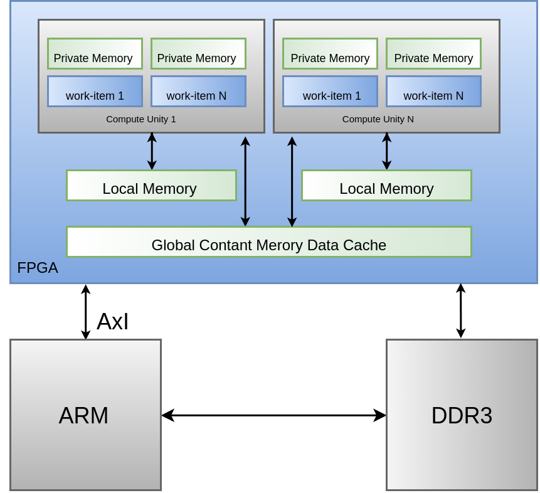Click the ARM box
coord(86,415)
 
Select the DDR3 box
coord(462,415)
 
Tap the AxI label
coord(113,321)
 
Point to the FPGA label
coord(38,268)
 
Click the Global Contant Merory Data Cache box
coord(269,242)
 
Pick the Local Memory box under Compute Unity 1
coord(152,186)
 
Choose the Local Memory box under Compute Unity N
coord(386,186)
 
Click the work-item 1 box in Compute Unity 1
coord(95,92)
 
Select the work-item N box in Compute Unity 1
coord(198,92)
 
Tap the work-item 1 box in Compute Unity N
coord(331,92)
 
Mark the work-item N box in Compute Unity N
coord(433,92)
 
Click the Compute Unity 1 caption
coord(141,119)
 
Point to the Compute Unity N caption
coord(378,119)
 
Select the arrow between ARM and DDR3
coord(274,415)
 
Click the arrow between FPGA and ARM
coord(86,312)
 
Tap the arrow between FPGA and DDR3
coord(461,310)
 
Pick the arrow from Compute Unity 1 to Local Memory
coord(152,151)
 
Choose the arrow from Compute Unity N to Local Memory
coord(387,151)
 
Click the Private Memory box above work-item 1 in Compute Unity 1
coord(95,54)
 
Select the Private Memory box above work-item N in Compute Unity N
coord(433,54)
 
